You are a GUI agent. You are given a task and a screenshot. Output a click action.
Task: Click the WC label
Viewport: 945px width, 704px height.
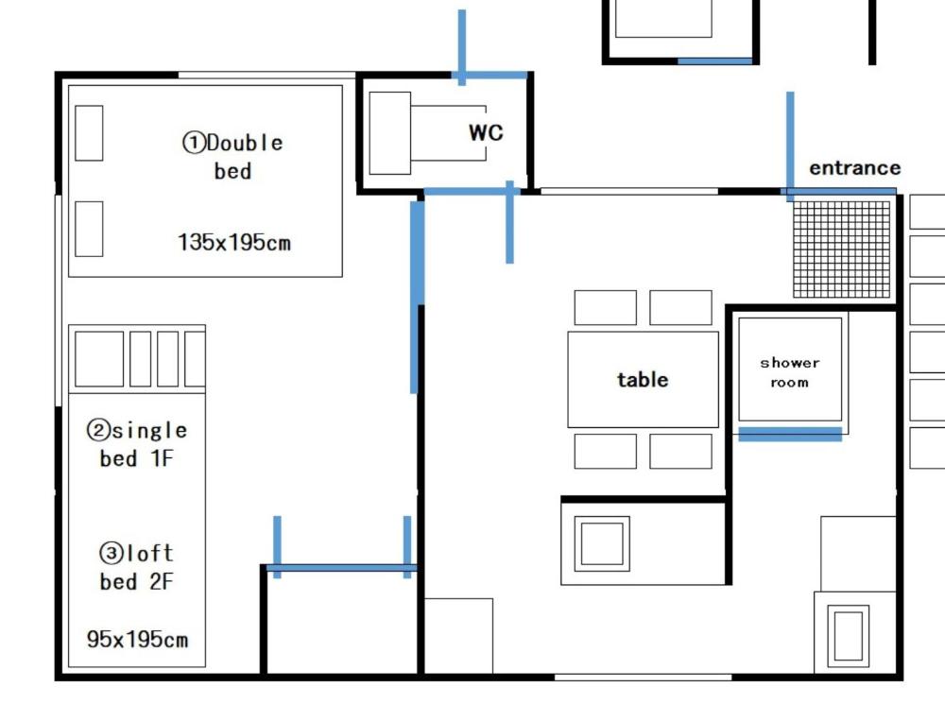click(486, 133)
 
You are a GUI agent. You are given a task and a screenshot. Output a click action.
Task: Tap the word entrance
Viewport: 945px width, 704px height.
click(854, 168)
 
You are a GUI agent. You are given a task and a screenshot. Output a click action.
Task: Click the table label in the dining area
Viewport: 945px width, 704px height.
click(643, 380)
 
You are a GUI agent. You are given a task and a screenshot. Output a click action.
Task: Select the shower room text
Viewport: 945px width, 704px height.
click(789, 372)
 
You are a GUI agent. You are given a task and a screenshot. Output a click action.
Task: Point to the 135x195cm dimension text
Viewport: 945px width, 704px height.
click(234, 243)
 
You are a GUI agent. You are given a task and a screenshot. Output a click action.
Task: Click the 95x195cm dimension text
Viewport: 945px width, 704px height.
click(138, 640)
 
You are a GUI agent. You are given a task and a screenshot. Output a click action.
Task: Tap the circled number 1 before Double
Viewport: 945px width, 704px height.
click(194, 143)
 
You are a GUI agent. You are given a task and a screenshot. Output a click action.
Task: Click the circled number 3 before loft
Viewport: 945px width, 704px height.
click(112, 553)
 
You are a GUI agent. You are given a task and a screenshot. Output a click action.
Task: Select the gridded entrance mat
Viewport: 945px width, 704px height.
click(842, 249)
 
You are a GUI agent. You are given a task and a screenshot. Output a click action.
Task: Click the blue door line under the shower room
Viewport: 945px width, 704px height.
click(790, 434)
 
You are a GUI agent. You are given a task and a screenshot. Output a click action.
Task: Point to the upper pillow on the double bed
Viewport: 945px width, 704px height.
click(89, 133)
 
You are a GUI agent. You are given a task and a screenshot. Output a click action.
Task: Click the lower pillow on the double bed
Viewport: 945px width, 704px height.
click(89, 228)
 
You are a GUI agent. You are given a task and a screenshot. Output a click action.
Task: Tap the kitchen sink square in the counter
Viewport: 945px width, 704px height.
click(603, 542)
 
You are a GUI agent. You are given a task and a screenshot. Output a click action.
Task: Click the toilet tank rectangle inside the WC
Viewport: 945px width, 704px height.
click(389, 133)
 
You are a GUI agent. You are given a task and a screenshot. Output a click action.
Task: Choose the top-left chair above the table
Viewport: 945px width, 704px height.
click(605, 308)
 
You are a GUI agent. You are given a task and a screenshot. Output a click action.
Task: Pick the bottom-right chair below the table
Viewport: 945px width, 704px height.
click(680, 451)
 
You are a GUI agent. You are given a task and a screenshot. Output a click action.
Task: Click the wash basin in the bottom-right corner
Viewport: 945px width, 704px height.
click(848, 635)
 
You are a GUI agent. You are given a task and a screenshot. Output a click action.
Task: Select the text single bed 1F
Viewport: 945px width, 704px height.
click(138, 444)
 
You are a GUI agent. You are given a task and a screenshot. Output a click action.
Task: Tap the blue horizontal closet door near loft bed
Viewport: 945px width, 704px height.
click(342, 568)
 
